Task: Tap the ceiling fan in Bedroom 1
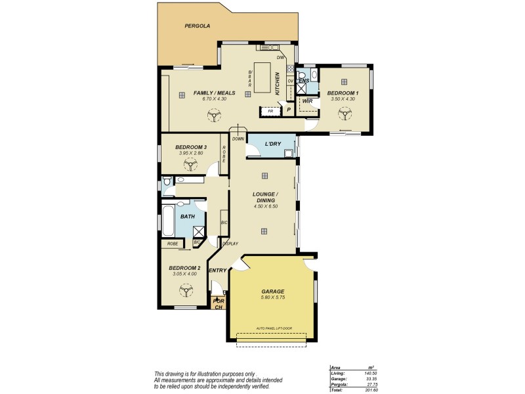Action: pyautogui.click(x=343, y=115)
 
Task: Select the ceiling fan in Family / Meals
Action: pyautogui.click(x=213, y=116)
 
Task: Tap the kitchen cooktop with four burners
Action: pyautogui.click(x=290, y=69)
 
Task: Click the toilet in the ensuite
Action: pyautogui.click(x=301, y=75)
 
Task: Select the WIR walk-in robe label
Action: pyautogui.click(x=306, y=101)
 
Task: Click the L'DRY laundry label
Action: pyautogui.click(x=272, y=144)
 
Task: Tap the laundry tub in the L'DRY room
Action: pyautogui.click(x=288, y=153)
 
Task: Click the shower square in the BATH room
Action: pyautogui.click(x=198, y=230)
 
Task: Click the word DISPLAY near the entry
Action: pyautogui.click(x=230, y=244)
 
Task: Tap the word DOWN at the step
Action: pyautogui.click(x=238, y=139)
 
